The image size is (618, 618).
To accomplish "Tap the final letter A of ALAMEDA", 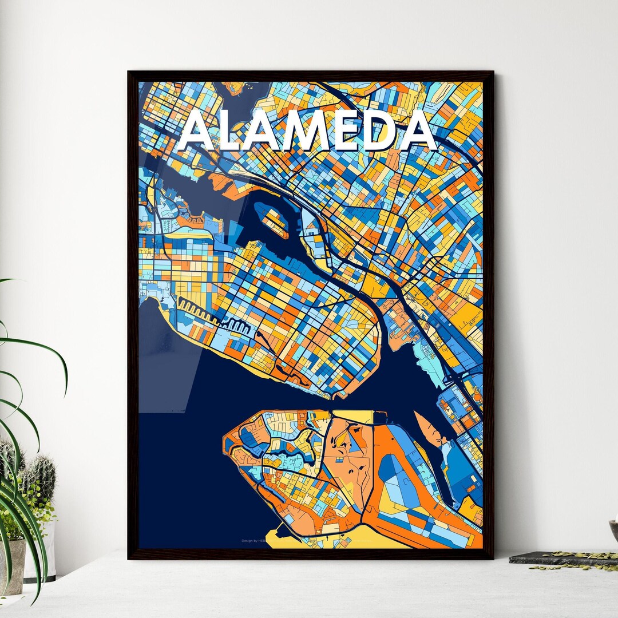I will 419,132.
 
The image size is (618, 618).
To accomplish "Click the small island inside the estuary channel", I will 274,221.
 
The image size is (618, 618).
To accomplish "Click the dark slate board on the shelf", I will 549,558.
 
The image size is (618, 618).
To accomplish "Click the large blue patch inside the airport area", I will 401,481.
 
